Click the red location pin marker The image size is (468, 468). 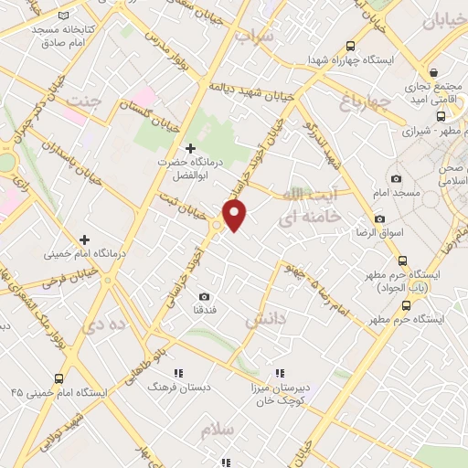click(235, 215)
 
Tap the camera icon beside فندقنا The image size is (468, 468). click(203, 296)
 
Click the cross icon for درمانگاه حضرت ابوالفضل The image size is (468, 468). click(190, 148)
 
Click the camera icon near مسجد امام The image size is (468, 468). click(395, 178)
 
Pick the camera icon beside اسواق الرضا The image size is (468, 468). click(379, 219)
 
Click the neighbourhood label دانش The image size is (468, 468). click(265, 320)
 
